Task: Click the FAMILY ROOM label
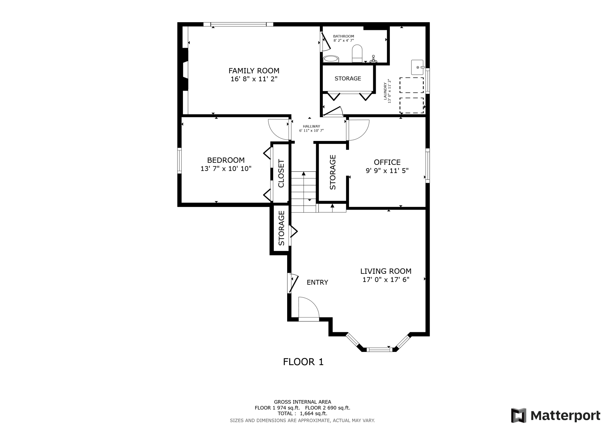tap(254, 71)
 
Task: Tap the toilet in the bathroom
tap(357, 53)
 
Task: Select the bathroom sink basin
tap(331, 59)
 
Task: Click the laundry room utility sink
tap(417, 67)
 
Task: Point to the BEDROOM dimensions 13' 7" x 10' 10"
tap(226, 169)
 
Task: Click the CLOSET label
tap(281, 173)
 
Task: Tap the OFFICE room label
tap(387, 162)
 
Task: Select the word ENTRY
tap(318, 282)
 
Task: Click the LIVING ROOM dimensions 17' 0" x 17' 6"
tap(386, 280)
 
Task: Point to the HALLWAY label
tap(311, 126)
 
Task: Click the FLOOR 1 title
tap(303, 362)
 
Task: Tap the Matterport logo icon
tap(519, 415)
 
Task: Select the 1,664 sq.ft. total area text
tap(313, 414)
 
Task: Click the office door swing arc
tap(364, 135)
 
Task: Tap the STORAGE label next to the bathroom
tap(348, 79)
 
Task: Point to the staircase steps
tap(304, 192)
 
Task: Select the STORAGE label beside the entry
tap(281, 228)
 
